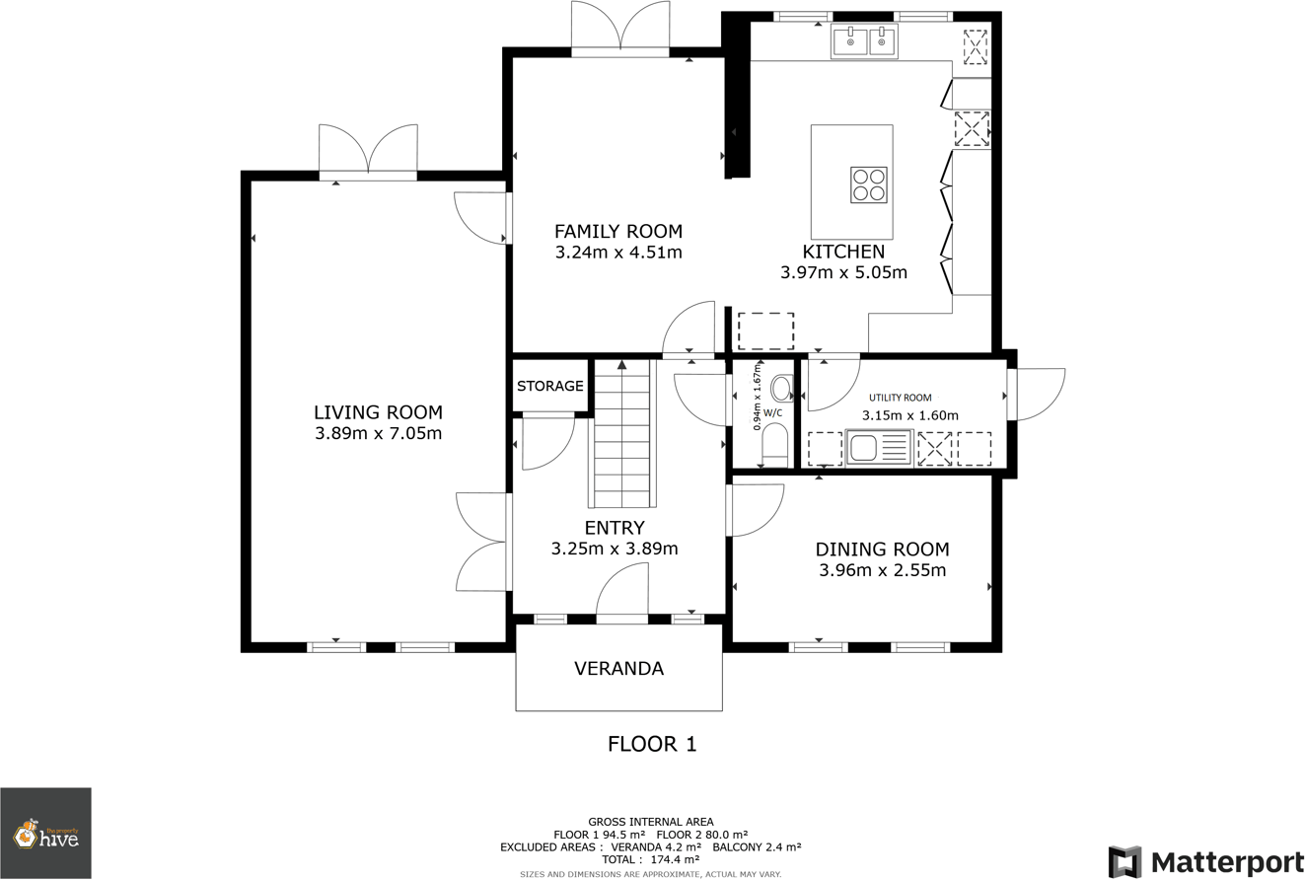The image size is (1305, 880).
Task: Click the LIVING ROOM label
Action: click(x=378, y=412)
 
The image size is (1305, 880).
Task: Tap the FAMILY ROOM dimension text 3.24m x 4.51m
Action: click(x=618, y=253)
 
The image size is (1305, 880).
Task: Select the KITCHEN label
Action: click(x=843, y=252)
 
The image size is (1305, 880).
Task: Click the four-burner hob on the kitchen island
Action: click(x=869, y=184)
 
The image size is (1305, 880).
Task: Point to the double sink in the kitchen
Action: click(x=864, y=42)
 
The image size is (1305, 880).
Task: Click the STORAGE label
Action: click(x=550, y=386)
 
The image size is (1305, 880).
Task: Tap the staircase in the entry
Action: click(x=622, y=434)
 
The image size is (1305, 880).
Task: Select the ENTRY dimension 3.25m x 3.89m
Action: click(x=615, y=549)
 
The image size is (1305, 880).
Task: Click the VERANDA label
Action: click(x=618, y=669)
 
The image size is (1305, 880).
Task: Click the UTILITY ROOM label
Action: click(x=900, y=398)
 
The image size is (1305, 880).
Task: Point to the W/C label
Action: click(x=772, y=412)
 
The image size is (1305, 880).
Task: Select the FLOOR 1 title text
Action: click(x=651, y=744)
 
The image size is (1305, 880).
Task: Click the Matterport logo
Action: click(x=1205, y=861)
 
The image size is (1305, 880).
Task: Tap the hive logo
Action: click(x=45, y=834)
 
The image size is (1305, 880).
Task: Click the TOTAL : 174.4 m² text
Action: click(x=651, y=859)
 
